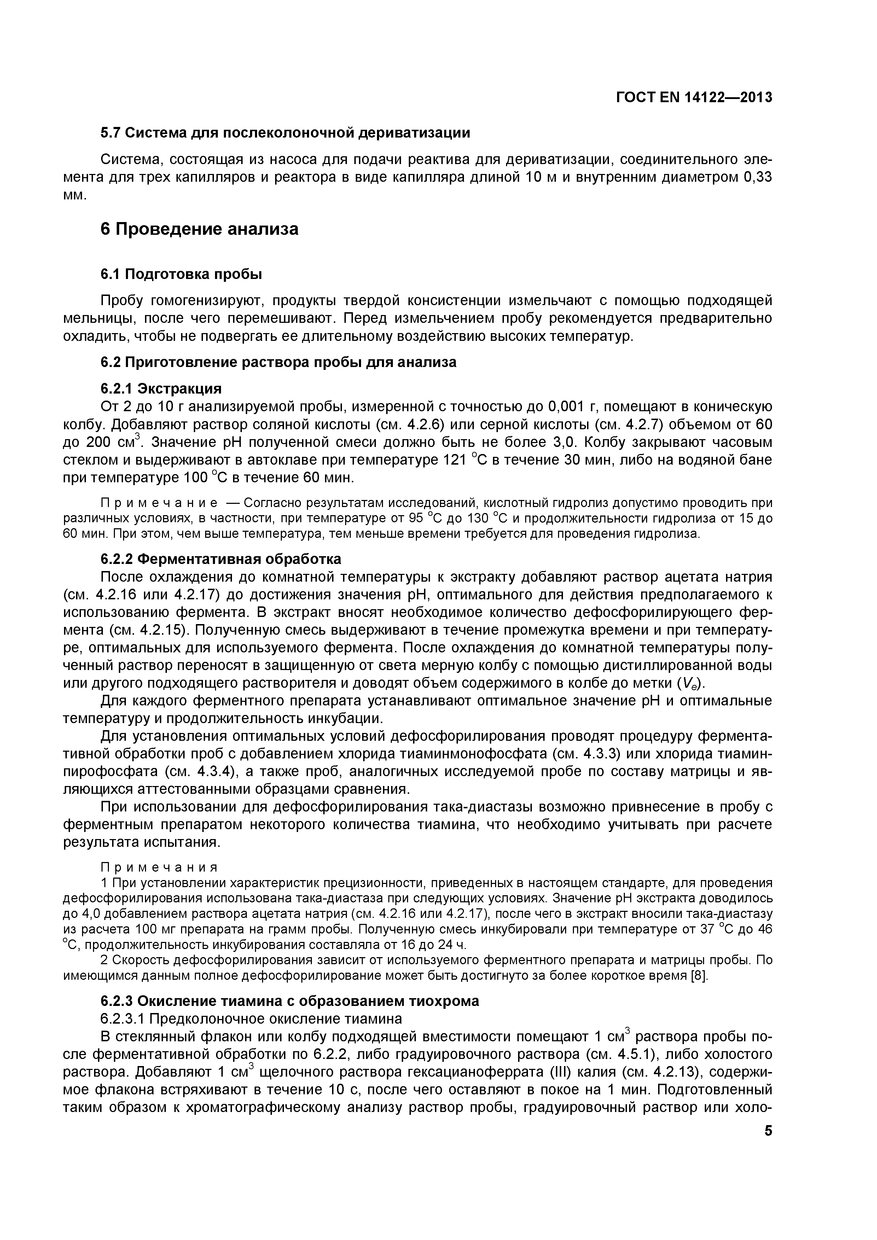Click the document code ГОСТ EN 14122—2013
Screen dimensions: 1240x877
[693, 97]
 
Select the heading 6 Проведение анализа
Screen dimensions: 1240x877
[199, 229]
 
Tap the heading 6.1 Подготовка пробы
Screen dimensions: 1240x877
[181, 274]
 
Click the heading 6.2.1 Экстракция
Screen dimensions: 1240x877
[161, 389]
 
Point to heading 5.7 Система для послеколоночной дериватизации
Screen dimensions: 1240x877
[285, 133]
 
